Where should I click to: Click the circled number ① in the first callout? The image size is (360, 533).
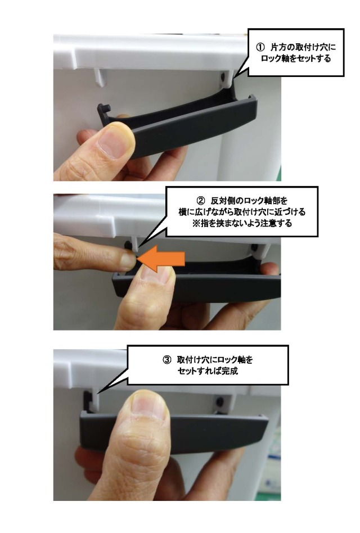[260, 47]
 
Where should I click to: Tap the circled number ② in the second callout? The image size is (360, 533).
[201, 200]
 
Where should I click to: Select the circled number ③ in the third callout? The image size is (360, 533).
[167, 359]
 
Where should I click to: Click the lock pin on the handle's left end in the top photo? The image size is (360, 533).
[105, 109]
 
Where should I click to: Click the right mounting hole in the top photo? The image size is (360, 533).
[222, 77]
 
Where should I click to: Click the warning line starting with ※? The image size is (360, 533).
[242, 224]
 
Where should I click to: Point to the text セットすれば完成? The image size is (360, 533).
[208, 371]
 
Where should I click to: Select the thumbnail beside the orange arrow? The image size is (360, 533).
[156, 274]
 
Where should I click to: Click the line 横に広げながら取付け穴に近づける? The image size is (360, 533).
[242, 212]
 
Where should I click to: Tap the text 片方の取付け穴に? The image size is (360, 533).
[303, 47]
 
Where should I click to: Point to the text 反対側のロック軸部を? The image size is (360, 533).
[249, 200]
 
